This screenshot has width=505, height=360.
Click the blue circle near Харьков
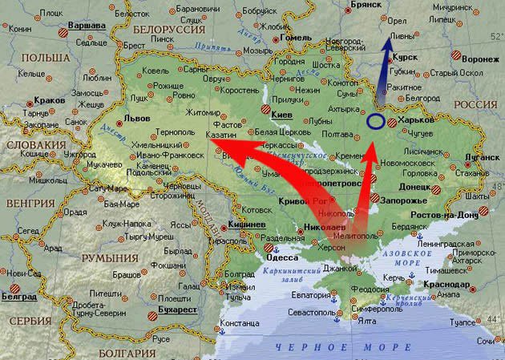tap(375, 123)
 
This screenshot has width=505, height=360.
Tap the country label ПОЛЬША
tap(45, 58)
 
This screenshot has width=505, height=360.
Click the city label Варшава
tap(87, 26)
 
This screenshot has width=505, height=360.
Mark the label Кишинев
tap(247, 224)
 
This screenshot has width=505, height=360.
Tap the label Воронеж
tap(480, 59)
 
